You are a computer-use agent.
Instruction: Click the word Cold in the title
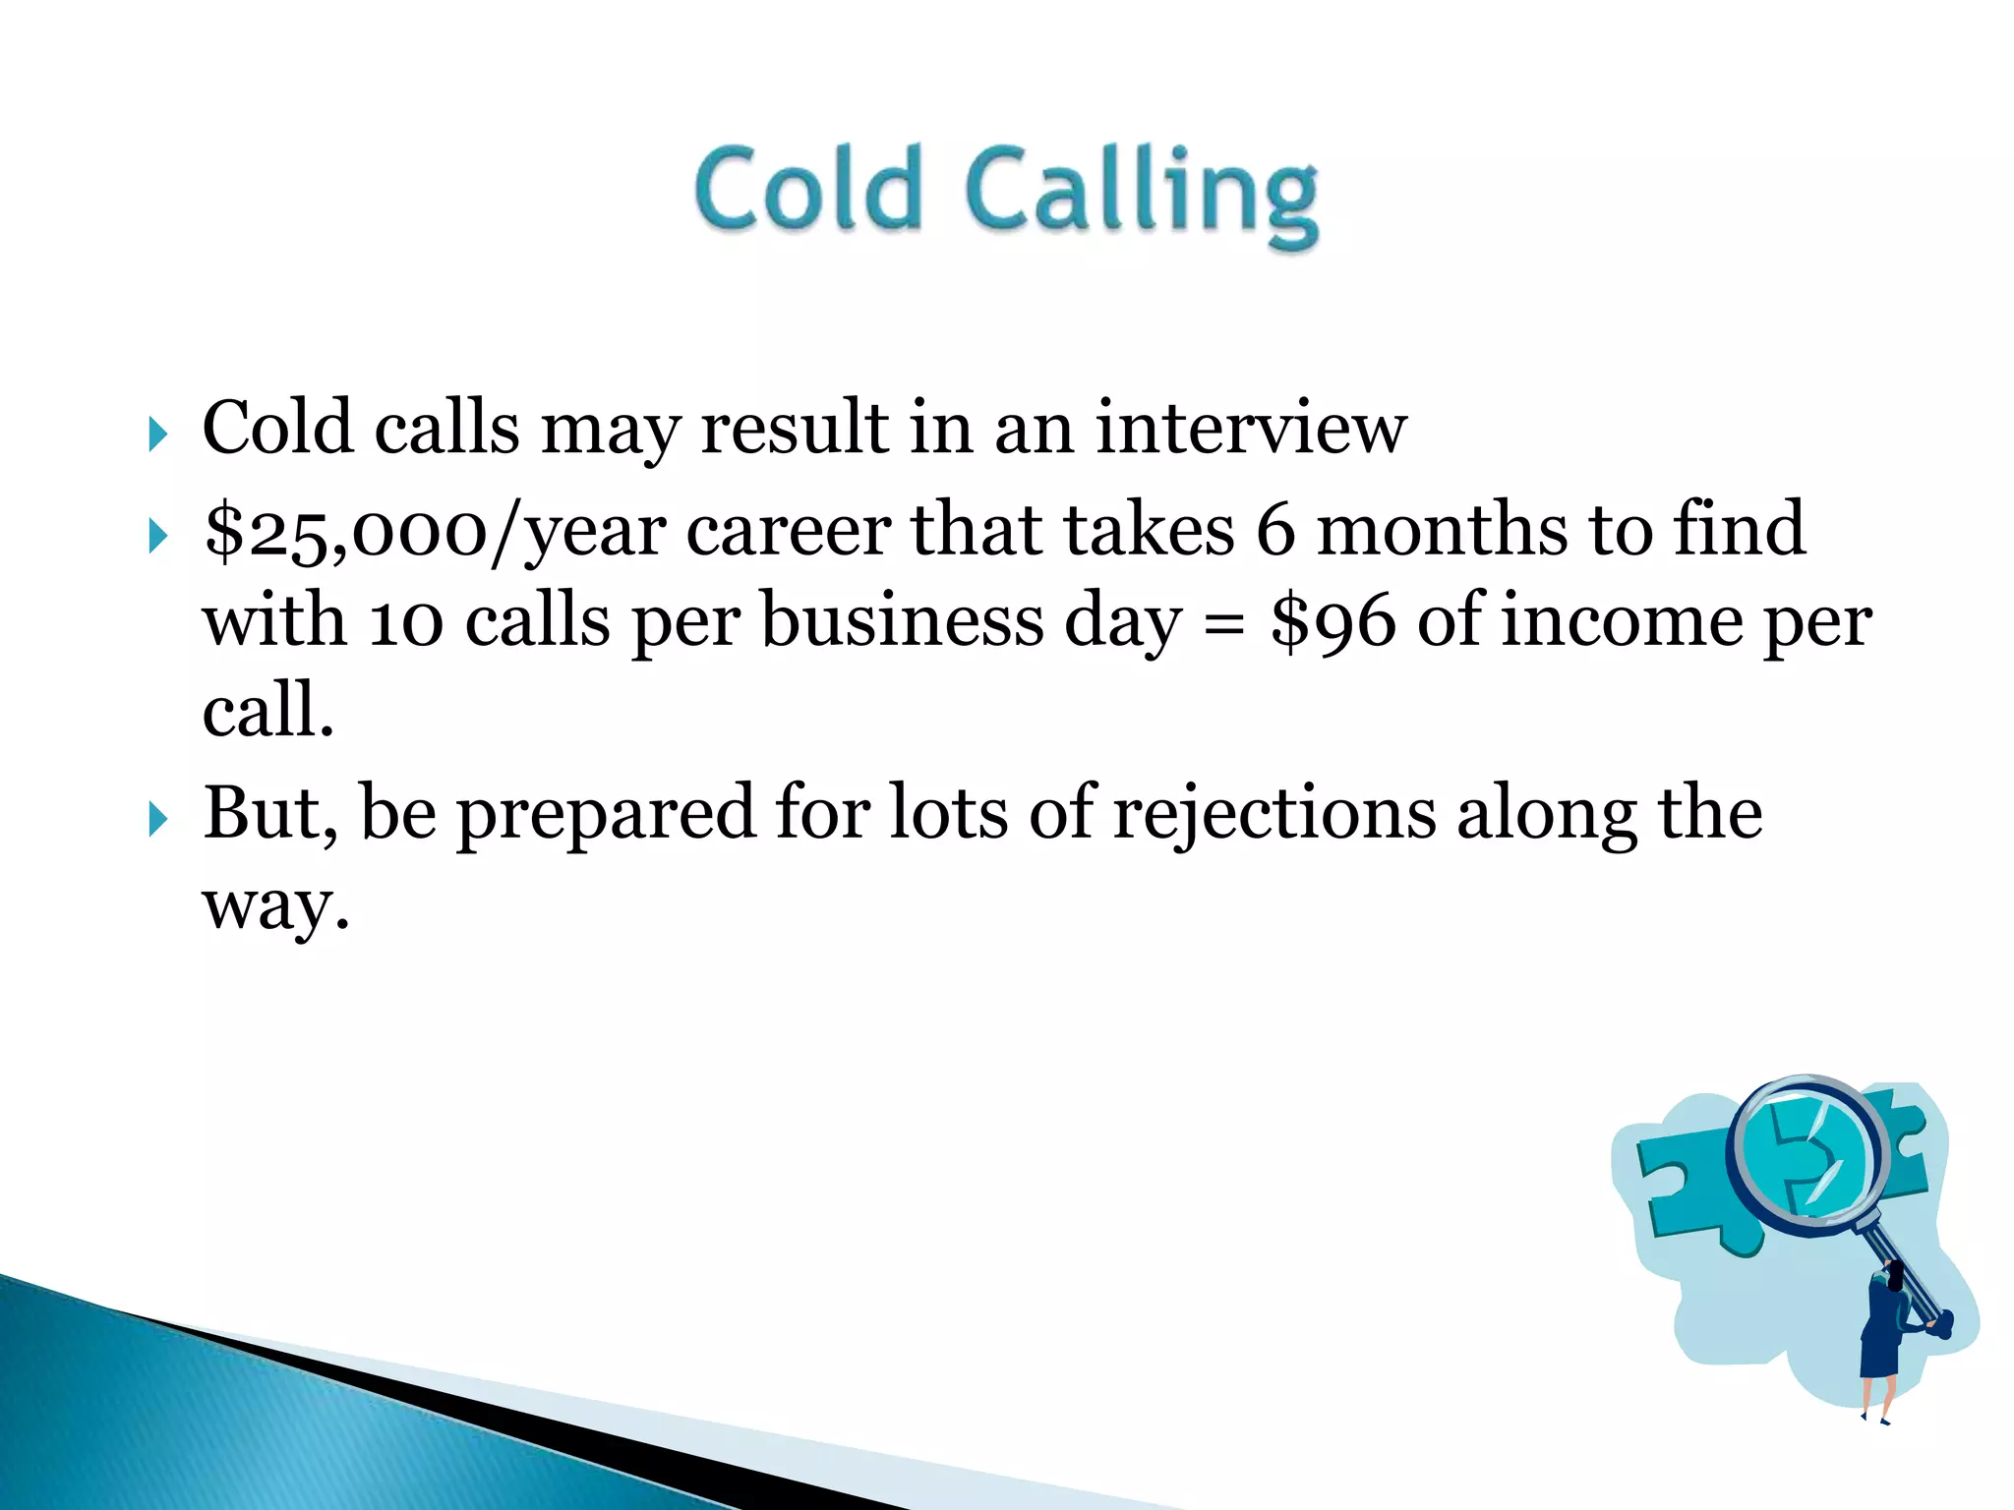pyautogui.click(x=808, y=189)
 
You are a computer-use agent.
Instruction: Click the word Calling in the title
pyautogui.click(x=1141, y=195)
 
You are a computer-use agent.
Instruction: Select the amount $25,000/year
pyautogui.click(x=436, y=532)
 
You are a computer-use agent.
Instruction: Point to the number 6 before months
pyautogui.click(x=1275, y=530)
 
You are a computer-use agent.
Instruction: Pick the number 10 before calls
pyautogui.click(x=405, y=622)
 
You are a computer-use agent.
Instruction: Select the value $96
pyautogui.click(x=1333, y=622)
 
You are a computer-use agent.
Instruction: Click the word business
pyautogui.click(x=902, y=622)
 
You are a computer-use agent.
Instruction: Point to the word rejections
pyautogui.click(x=1274, y=814)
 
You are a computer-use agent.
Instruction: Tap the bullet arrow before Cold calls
pyautogui.click(x=157, y=434)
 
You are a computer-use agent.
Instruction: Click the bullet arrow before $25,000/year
pyautogui.click(x=157, y=537)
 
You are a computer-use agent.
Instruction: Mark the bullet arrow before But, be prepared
pyautogui.click(x=157, y=819)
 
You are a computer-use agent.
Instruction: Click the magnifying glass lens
pyautogui.click(x=1807, y=1150)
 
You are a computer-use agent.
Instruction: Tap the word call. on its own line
pyautogui.click(x=267, y=710)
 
